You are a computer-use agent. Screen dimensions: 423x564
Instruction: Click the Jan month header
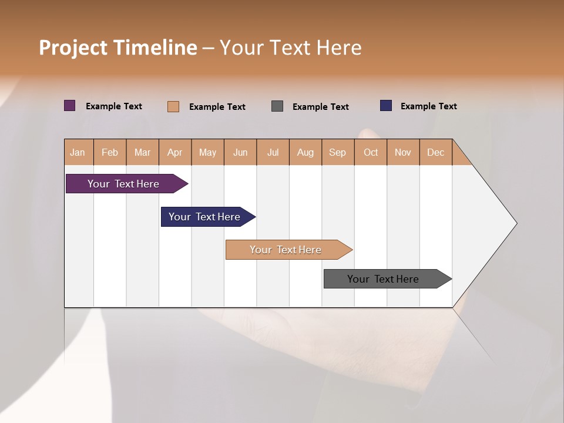click(x=78, y=153)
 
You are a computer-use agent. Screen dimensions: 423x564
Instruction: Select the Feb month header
click(x=110, y=153)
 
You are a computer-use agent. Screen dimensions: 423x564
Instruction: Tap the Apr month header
click(x=174, y=153)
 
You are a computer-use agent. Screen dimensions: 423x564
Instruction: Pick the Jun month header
click(x=240, y=153)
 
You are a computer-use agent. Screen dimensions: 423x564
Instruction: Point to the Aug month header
click(x=305, y=153)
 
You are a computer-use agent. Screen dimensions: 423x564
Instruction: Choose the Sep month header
click(x=337, y=153)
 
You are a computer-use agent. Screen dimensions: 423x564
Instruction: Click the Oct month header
click(x=371, y=153)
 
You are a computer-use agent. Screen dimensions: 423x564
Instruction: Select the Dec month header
click(x=435, y=153)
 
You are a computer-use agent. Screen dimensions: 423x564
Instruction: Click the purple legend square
click(x=70, y=106)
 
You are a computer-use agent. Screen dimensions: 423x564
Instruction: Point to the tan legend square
click(x=173, y=106)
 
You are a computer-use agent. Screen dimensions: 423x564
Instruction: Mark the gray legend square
click(x=277, y=106)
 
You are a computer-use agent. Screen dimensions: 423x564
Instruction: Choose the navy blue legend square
click(x=386, y=106)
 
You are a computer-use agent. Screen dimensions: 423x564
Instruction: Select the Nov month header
click(x=403, y=153)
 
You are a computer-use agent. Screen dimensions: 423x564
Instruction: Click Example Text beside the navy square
click(x=428, y=106)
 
